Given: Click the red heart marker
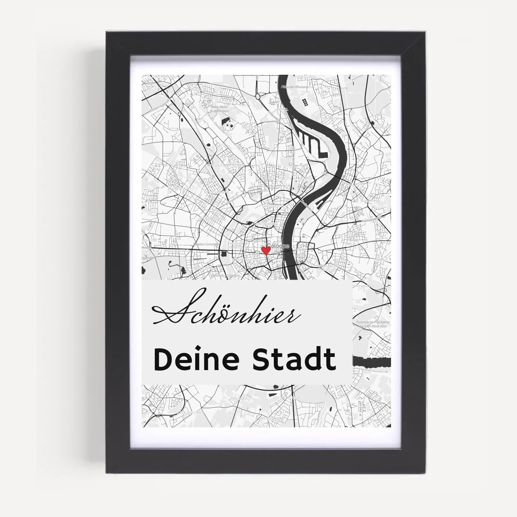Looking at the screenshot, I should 266,250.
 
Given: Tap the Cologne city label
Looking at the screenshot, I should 278,246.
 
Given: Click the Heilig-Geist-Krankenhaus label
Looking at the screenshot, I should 219,109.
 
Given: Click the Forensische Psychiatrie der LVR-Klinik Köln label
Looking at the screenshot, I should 373,324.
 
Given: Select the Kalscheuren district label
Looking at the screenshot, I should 190,412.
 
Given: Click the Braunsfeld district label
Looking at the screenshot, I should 176,251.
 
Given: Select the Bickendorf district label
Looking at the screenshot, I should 177,188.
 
